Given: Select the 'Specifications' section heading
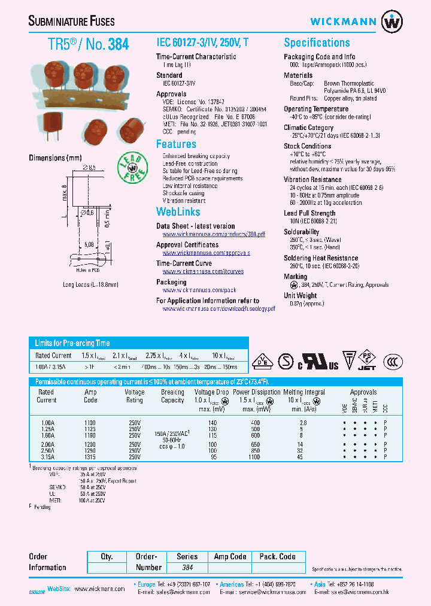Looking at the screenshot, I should (x=317, y=43).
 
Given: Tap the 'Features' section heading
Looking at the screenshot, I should (x=176, y=144).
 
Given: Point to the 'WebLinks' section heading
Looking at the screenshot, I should (x=178, y=212).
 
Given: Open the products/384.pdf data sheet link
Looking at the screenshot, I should (x=213, y=234).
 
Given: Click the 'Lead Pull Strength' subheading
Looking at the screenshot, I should (x=309, y=213).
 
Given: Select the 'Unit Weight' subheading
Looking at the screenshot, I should (x=301, y=295).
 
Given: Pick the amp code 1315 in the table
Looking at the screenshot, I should (x=91, y=457).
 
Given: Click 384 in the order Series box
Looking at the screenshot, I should (x=187, y=567).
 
